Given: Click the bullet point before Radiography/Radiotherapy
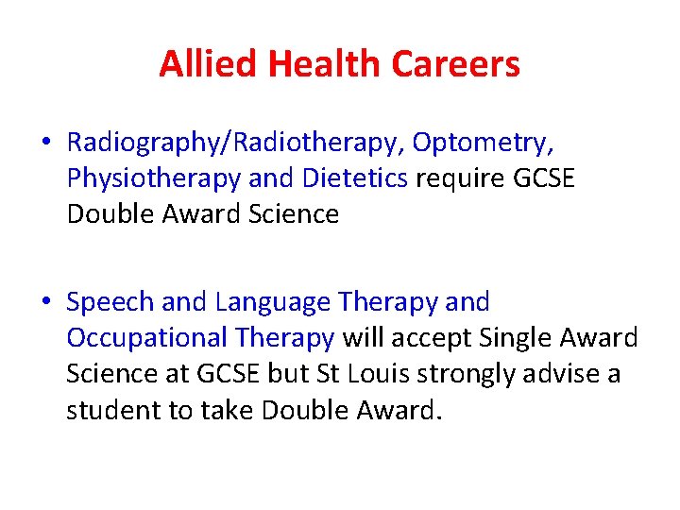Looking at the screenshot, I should (46, 144).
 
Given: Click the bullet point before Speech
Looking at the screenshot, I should (46, 303).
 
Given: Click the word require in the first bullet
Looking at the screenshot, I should (456, 178).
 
